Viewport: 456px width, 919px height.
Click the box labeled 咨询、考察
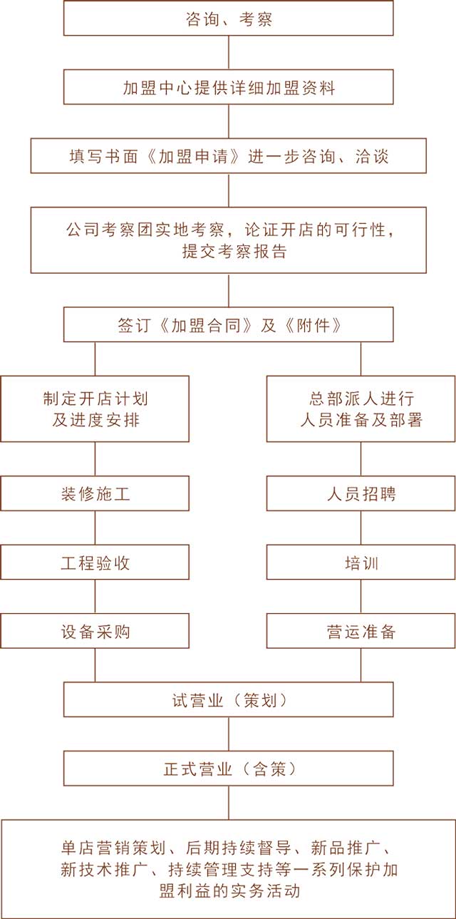coord(229,18)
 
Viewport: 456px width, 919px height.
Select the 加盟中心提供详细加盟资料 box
coord(229,87)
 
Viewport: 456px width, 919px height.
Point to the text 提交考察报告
coord(234,252)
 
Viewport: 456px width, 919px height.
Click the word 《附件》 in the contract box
coord(313,325)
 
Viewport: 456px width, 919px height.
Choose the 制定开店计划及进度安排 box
coord(95,409)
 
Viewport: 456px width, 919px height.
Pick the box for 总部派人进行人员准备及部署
coord(361,409)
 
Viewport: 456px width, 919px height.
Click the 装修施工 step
coord(95,493)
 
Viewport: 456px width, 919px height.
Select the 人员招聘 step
coord(361,493)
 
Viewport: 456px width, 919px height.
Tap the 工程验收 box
coord(95,563)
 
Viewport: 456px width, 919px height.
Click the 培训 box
coord(361,563)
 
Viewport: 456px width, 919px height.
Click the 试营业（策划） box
coord(229,700)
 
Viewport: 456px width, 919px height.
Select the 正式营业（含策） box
coord(229,769)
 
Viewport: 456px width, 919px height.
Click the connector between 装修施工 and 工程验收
coord(95,528)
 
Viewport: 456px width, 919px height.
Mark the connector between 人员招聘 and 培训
coord(361,528)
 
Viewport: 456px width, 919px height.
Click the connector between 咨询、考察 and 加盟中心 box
coord(229,53)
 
